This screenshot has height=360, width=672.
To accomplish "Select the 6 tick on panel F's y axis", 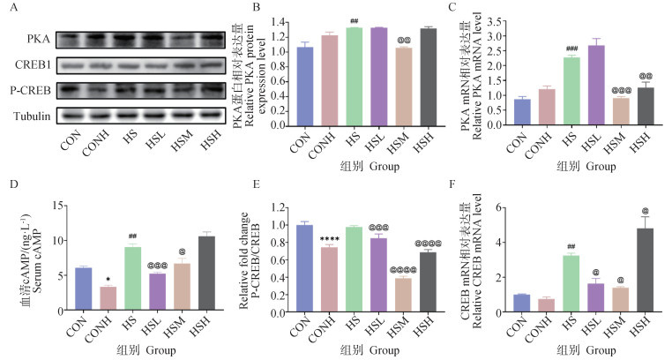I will point(502,207).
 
